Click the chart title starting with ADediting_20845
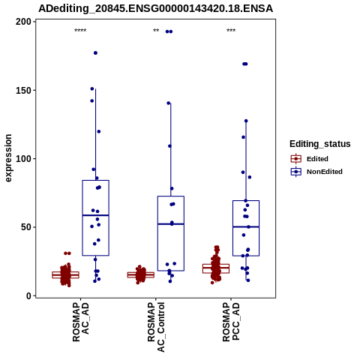point(155,8)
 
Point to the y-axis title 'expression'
point(8,158)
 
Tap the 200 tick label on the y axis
point(24,22)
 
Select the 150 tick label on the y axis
point(24,90)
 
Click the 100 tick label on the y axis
point(24,159)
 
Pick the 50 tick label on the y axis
point(26,227)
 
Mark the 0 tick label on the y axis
point(29,295)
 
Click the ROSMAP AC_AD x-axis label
point(81,322)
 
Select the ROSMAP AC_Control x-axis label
point(156,327)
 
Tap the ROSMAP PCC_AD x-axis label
point(231,322)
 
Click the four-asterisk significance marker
point(80,31)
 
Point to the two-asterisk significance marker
point(156,31)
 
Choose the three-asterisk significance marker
point(231,31)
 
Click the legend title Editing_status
point(320,144)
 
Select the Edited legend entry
point(310,159)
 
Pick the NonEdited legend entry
point(316,172)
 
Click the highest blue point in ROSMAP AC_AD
point(95,53)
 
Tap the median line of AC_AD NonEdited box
point(95,215)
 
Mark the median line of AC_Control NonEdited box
point(171,224)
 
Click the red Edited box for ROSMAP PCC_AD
point(216,268)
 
